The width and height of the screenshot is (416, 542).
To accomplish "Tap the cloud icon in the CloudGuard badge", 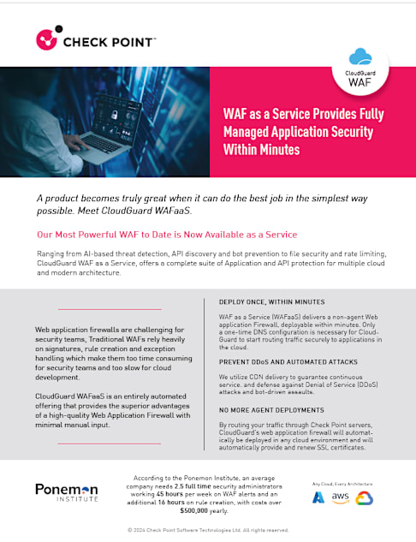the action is point(360,57).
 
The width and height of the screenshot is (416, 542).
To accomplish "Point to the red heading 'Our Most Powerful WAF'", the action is point(166,234).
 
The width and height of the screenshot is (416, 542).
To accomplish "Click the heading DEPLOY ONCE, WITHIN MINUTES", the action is point(271,302).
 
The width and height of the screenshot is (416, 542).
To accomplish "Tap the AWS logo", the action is point(341,497).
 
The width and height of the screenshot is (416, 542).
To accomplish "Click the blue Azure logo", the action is point(318,497).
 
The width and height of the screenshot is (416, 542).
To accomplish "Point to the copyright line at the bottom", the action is point(207,530).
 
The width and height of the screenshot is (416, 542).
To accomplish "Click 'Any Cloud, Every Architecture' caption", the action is point(341,483).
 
